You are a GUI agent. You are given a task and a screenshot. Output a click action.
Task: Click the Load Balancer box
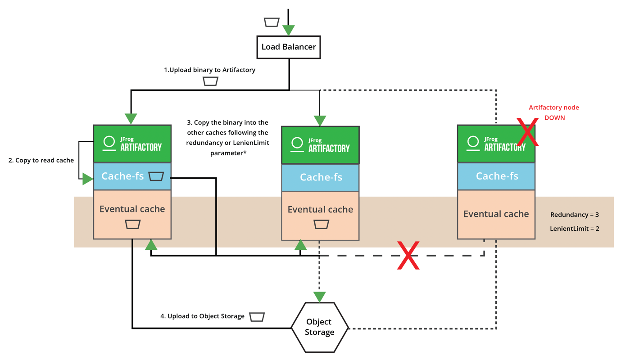289,47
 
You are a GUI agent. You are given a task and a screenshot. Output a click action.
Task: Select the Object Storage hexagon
320,327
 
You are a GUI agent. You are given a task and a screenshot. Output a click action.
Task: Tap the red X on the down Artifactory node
527,132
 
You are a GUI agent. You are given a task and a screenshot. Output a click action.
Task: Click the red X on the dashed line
408,256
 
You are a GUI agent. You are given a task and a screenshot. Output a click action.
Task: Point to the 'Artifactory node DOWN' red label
554,112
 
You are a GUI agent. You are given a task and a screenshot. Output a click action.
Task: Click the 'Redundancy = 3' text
574,215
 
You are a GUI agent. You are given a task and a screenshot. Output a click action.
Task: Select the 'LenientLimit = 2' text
574,229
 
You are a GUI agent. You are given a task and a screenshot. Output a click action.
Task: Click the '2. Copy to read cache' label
41,160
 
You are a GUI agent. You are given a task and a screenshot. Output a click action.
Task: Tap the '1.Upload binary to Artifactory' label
209,70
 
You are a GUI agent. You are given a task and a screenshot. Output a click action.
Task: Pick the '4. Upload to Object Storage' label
202,316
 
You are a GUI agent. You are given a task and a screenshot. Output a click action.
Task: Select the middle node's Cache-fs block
320,177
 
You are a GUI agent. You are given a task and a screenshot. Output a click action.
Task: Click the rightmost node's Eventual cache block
496,214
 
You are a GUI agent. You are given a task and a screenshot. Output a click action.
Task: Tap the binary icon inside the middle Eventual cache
321,224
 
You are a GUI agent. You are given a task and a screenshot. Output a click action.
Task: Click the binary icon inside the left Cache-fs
156,176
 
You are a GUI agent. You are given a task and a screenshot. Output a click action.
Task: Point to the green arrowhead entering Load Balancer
288,30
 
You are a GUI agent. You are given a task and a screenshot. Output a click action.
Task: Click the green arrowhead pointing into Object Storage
319,297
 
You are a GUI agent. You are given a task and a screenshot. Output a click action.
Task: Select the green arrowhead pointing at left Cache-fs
87,179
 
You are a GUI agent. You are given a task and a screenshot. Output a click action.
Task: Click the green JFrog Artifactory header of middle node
320,145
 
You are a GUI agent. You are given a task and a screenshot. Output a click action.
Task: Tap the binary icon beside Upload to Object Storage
257,317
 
